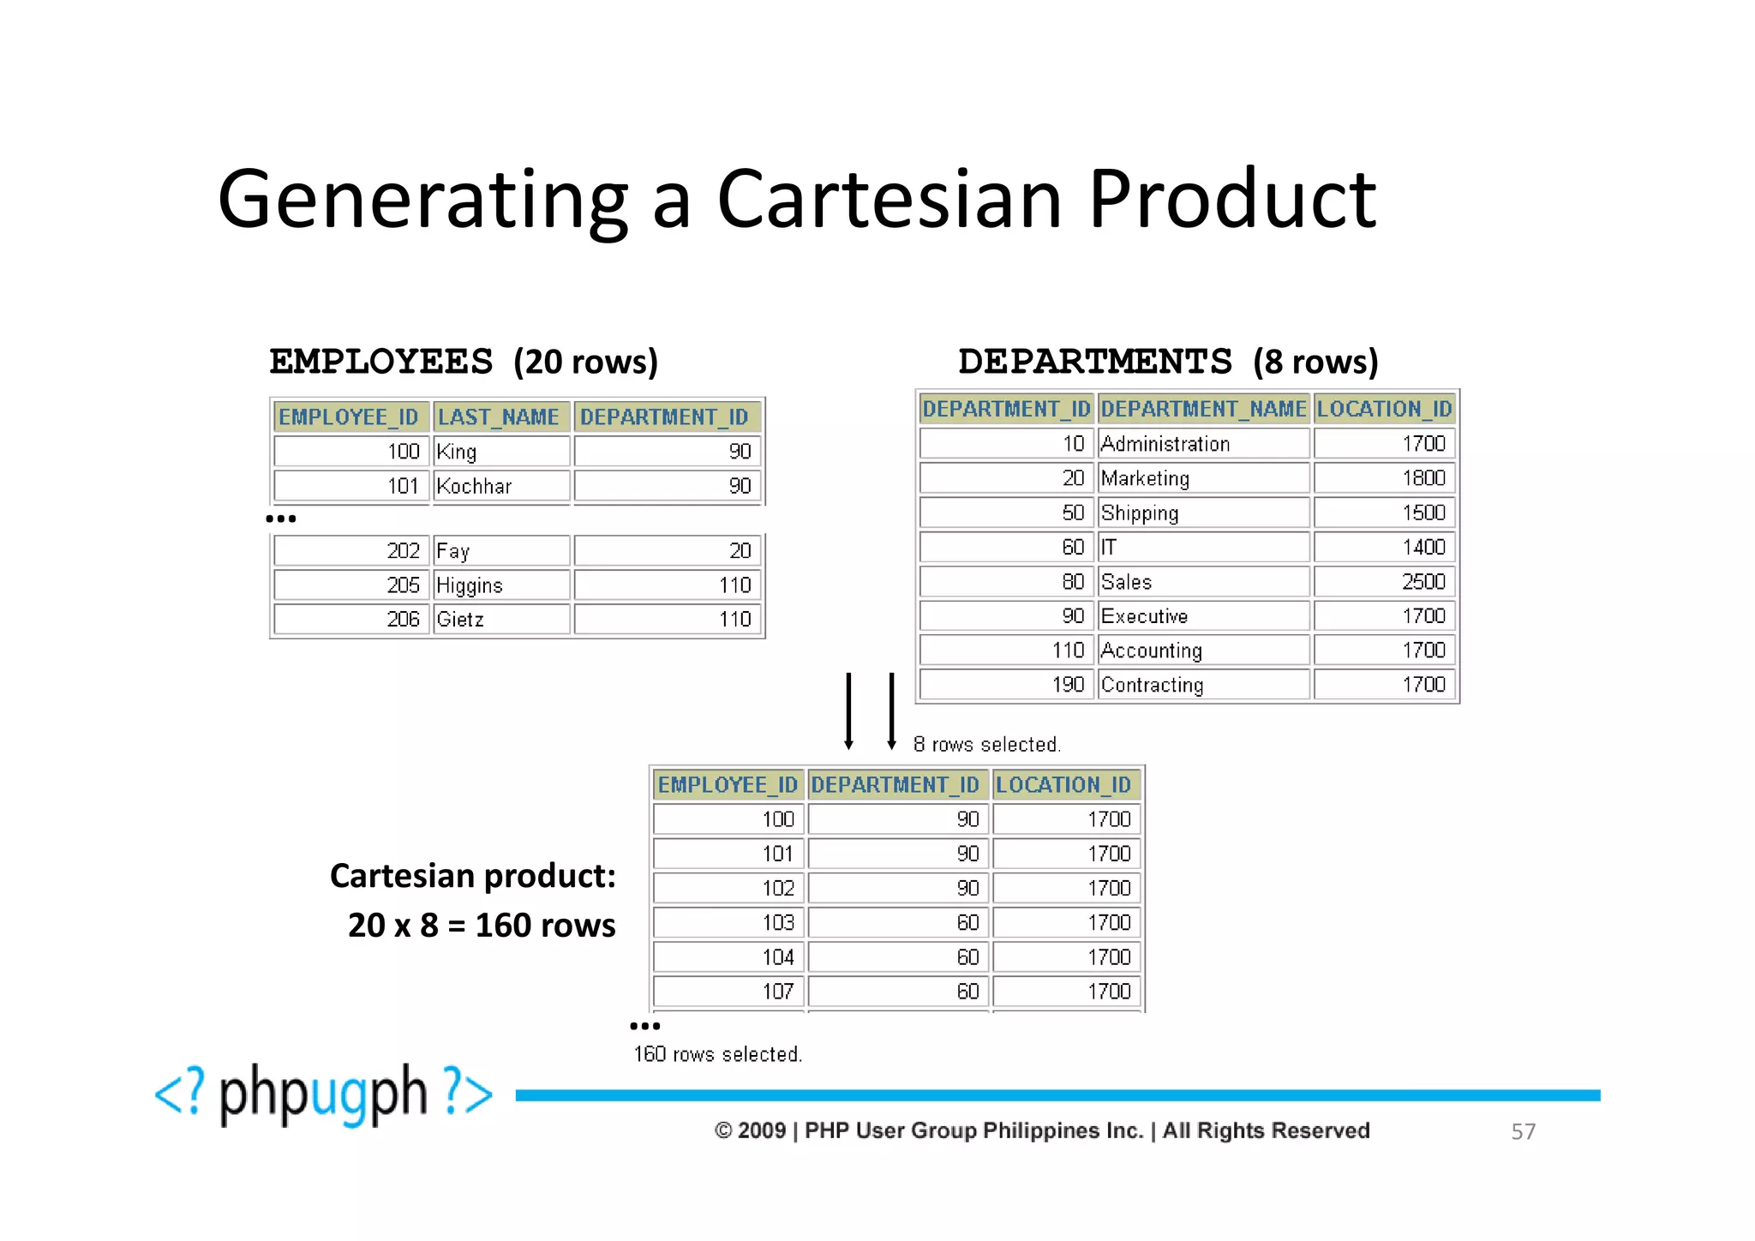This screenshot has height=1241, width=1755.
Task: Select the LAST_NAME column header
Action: coord(499,417)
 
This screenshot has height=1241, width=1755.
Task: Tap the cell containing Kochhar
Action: coord(500,486)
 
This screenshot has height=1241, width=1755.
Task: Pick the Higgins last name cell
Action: coord(500,585)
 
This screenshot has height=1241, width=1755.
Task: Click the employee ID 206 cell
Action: coord(351,620)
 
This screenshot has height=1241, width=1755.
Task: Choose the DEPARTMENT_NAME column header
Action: coord(1203,409)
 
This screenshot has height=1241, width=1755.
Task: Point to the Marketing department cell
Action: coord(1203,478)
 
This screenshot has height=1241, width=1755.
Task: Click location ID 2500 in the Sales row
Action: coord(1385,582)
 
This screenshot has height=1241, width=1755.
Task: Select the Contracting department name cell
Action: coord(1203,685)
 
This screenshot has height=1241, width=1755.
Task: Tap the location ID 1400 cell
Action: coord(1385,547)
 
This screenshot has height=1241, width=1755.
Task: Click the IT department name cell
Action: coord(1203,547)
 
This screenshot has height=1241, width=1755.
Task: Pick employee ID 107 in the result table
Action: coord(728,992)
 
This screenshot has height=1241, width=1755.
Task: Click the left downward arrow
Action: coord(848,711)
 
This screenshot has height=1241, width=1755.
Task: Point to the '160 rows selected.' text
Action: coord(717,1054)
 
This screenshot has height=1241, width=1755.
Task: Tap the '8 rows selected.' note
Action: coord(986,744)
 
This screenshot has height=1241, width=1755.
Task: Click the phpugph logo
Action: coord(324,1094)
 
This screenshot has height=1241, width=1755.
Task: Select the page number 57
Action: coord(1523,1131)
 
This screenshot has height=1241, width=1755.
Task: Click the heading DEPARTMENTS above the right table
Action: coord(1095,362)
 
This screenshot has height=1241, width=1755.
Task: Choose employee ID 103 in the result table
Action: coord(728,923)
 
